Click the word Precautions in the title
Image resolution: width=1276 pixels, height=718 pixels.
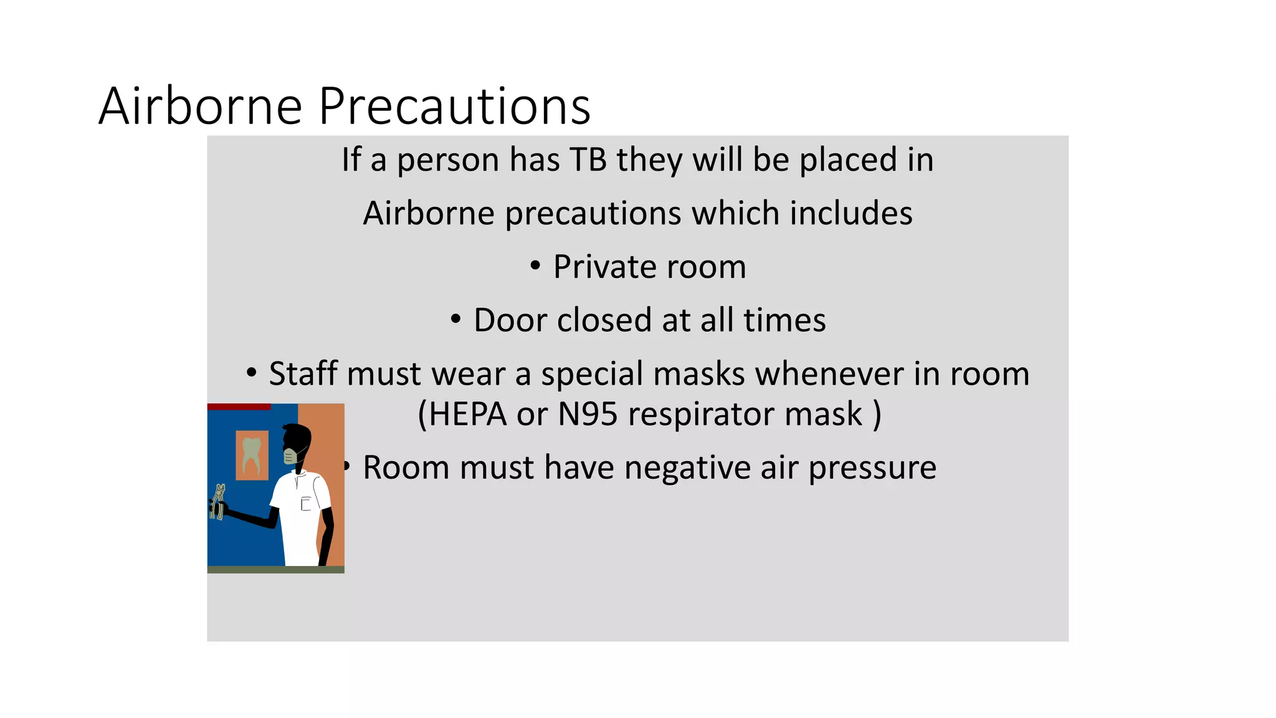[455, 106]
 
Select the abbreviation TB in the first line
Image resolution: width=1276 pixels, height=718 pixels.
[588, 160]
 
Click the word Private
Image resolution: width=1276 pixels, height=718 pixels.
[605, 267]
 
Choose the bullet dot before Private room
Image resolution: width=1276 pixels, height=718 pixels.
[535, 267]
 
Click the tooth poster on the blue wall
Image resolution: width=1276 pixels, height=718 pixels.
[252, 455]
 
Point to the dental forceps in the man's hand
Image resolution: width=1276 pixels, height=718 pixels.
[217, 502]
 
